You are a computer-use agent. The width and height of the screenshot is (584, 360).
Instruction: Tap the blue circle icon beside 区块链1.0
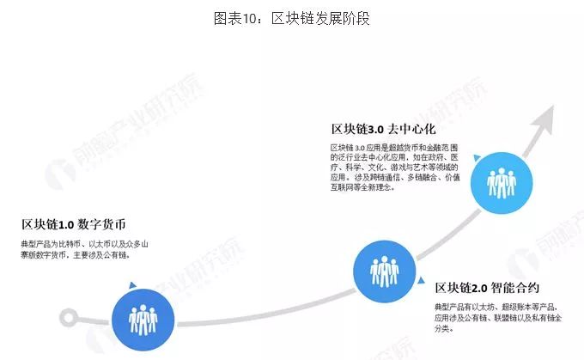coord(137,318)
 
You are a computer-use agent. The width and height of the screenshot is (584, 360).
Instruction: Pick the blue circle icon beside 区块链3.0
coord(501,180)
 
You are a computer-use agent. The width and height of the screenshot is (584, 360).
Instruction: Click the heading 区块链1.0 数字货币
coord(74,225)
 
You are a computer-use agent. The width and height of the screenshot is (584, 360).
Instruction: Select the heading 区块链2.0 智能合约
coord(487,288)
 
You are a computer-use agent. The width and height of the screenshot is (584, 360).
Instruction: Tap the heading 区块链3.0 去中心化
coord(384,129)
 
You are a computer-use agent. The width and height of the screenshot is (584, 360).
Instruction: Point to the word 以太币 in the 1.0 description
coord(114,244)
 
